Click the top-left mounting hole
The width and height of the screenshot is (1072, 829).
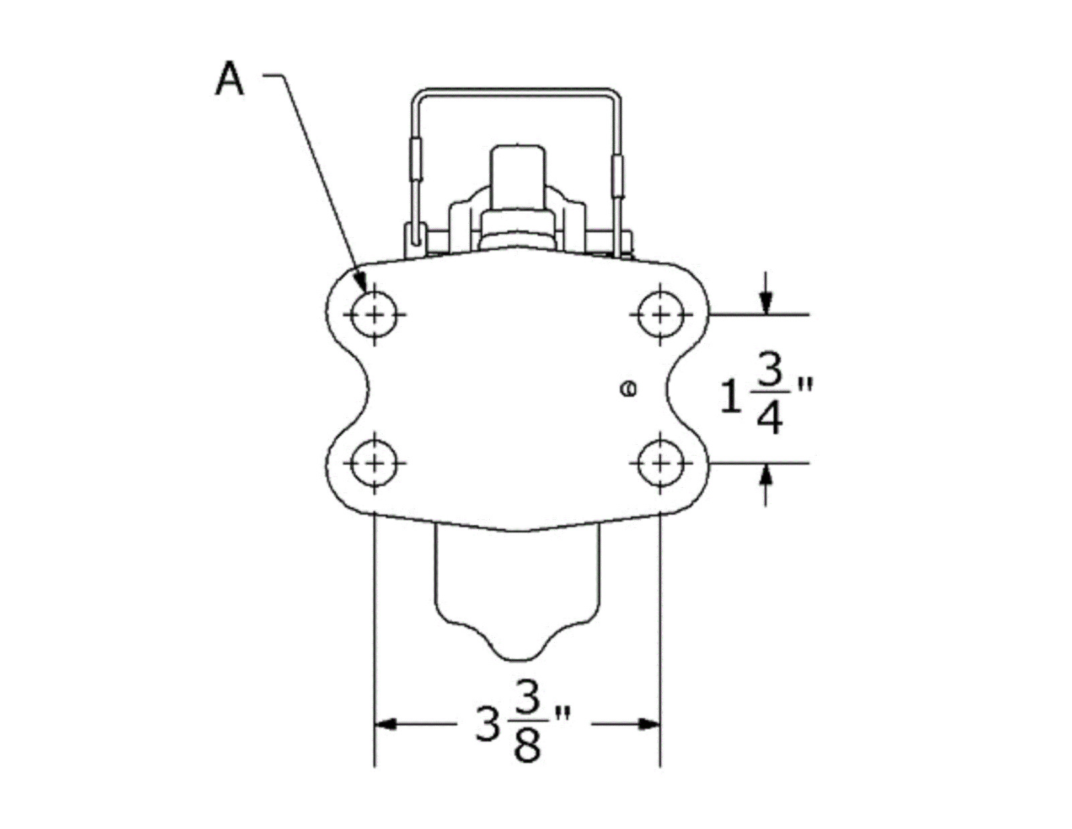click(374, 314)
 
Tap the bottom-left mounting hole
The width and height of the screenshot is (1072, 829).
click(374, 463)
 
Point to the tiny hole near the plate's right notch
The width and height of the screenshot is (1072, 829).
click(628, 389)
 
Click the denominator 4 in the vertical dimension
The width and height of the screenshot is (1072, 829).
click(770, 418)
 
